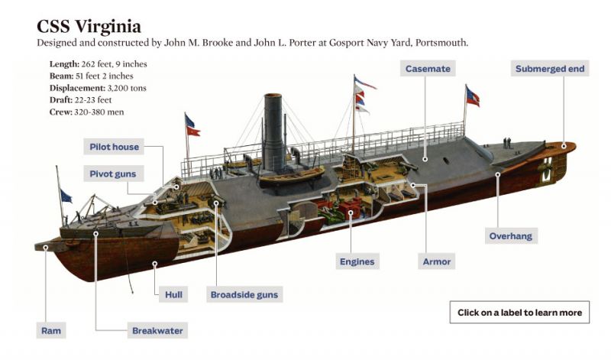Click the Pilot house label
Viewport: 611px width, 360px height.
[114, 147]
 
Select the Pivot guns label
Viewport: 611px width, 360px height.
[113, 174]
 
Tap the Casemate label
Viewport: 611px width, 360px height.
[428, 69]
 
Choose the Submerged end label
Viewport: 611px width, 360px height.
[550, 69]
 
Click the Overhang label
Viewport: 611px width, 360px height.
[511, 236]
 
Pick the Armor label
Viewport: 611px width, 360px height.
[436, 261]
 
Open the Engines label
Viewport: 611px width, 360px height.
[357, 261]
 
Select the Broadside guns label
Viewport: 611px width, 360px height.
[244, 294]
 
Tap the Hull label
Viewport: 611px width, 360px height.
[173, 294]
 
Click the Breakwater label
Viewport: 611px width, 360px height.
[157, 331]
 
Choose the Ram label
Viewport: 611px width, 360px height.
[51, 331]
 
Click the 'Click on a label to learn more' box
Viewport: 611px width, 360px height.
[519, 312]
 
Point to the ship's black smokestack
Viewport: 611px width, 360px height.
[273, 131]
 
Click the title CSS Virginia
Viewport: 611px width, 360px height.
[89, 27]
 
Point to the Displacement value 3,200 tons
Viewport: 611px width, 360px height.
[127, 88]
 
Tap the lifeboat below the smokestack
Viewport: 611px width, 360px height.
[292, 176]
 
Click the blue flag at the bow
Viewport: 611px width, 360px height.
[66, 196]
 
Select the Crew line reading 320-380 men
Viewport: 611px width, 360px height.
[86, 112]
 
